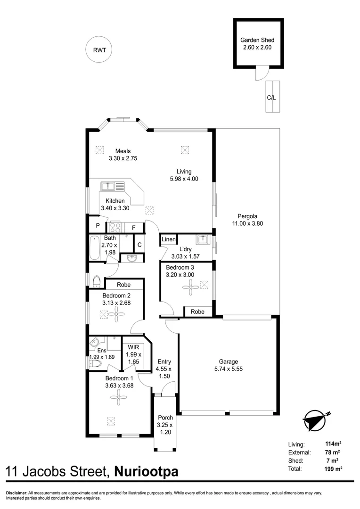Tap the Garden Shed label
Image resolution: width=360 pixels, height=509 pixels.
click(x=257, y=41)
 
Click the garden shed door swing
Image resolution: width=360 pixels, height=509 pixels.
click(x=261, y=73)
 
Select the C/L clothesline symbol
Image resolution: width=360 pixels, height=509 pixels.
click(x=272, y=97)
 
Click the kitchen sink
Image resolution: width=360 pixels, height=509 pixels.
click(x=113, y=186)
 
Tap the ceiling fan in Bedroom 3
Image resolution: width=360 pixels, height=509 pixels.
click(x=191, y=287)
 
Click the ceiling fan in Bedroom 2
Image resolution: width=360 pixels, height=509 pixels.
click(x=115, y=313)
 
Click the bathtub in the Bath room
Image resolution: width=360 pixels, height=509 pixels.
click(x=94, y=248)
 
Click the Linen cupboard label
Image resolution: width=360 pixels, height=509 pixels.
click(x=168, y=240)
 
